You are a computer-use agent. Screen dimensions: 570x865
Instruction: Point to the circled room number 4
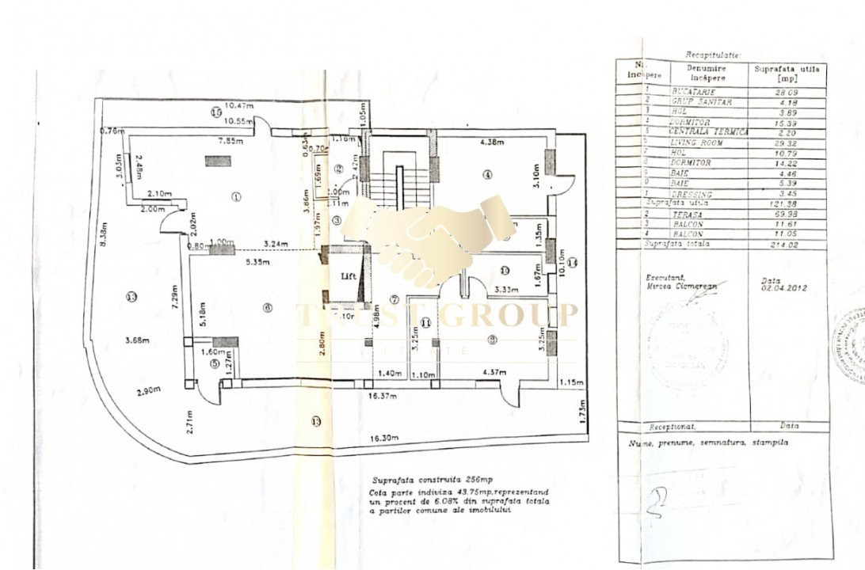[488, 174]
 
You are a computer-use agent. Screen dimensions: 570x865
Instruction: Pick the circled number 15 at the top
[216, 112]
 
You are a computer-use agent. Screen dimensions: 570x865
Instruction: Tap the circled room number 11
[426, 322]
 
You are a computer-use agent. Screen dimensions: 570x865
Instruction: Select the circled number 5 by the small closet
[215, 363]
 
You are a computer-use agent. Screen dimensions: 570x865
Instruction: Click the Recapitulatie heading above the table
[712, 55]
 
